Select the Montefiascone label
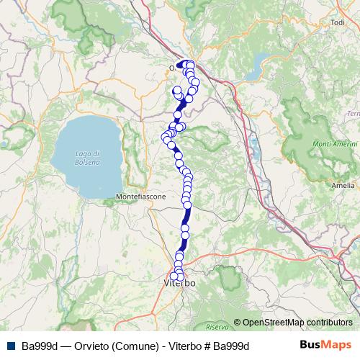pos(141,197)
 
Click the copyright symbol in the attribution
pos(238,323)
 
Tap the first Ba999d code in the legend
pos(38,346)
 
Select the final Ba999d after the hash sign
pos(231,346)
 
